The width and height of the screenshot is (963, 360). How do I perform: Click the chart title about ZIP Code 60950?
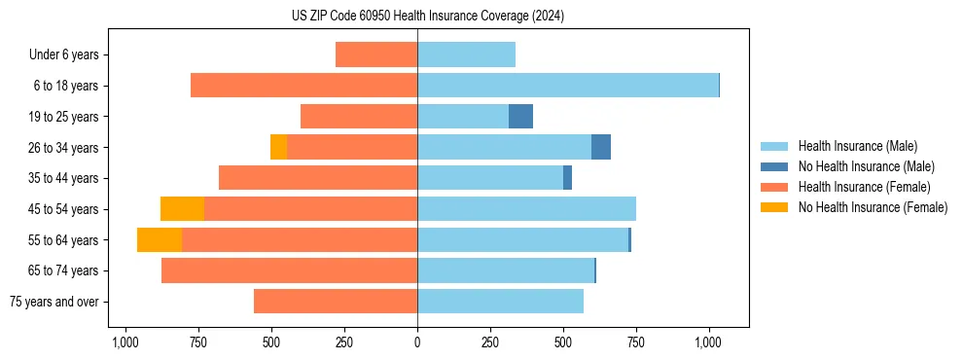(x=427, y=17)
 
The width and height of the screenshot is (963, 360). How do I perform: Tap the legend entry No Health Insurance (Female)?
(x=873, y=207)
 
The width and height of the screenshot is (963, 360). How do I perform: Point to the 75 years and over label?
(x=53, y=302)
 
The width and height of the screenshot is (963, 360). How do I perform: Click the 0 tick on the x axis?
(x=417, y=342)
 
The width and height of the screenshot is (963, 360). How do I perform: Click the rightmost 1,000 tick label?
(x=708, y=342)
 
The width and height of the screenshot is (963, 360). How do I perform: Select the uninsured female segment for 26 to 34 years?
(x=278, y=147)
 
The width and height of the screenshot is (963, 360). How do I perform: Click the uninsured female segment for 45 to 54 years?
(x=182, y=209)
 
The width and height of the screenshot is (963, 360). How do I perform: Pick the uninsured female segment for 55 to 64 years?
(x=160, y=240)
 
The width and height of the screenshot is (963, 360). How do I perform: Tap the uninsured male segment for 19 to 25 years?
(x=520, y=117)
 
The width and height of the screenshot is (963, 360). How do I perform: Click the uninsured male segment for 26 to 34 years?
(x=601, y=147)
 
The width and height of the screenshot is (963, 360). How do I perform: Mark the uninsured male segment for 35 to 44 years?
(x=567, y=178)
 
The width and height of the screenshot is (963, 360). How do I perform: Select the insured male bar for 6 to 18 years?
(x=568, y=86)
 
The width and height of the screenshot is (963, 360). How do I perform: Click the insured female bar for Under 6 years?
(x=376, y=55)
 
